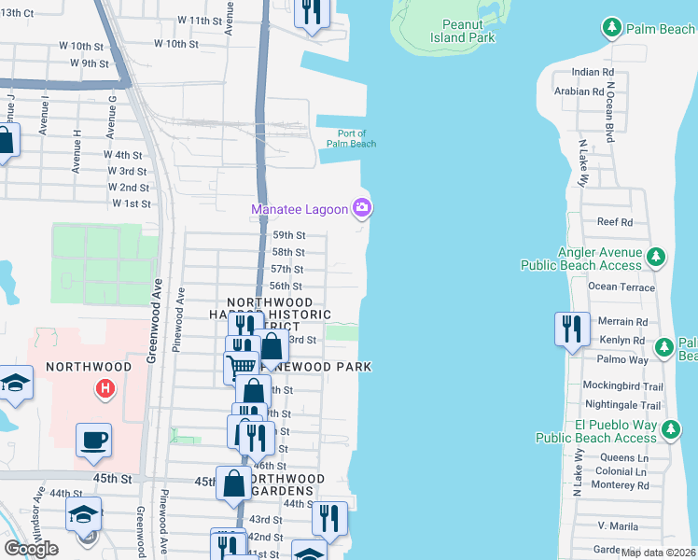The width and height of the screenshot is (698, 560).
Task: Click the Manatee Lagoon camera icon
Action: point(361,207)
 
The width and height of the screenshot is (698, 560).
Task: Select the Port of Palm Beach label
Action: point(351,138)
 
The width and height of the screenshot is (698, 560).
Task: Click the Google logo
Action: point(31,549)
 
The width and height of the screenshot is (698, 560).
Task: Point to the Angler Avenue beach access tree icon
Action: point(656,256)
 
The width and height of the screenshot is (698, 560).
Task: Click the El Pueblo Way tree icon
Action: point(670,430)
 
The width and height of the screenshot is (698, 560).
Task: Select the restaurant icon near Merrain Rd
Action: point(572,329)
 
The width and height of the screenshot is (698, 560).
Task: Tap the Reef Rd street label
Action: point(615,222)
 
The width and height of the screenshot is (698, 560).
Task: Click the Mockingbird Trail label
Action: point(622,386)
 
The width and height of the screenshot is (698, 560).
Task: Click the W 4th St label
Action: point(123,155)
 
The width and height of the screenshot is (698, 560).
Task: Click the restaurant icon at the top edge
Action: point(310,11)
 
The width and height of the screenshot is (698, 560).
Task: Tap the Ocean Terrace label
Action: point(621,287)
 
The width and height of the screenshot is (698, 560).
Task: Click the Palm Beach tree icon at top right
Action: point(612,28)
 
